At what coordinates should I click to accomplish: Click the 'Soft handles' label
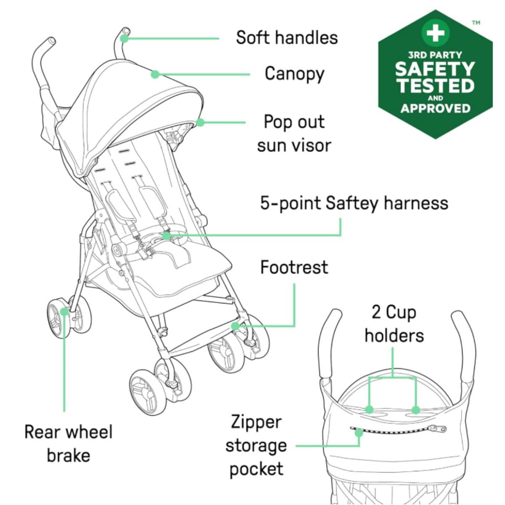click(x=287, y=38)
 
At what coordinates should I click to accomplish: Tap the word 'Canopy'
click(x=294, y=74)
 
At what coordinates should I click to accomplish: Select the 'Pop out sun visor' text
click(x=294, y=134)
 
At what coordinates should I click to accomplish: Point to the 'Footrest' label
click(x=294, y=267)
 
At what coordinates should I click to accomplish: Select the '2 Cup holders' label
click(x=394, y=324)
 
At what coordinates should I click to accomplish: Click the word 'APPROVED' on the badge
click(x=435, y=109)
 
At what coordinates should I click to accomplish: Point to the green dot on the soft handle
click(x=124, y=39)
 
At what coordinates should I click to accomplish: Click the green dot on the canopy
click(x=155, y=74)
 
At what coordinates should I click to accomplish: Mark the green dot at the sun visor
click(x=200, y=122)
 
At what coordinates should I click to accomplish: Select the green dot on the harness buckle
click(x=166, y=236)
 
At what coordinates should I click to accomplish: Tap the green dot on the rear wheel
click(x=64, y=311)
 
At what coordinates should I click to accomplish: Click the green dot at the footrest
click(x=235, y=326)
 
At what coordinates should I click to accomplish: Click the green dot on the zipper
click(x=359, y=433)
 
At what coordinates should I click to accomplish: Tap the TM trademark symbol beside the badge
click(x=476, y=23)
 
